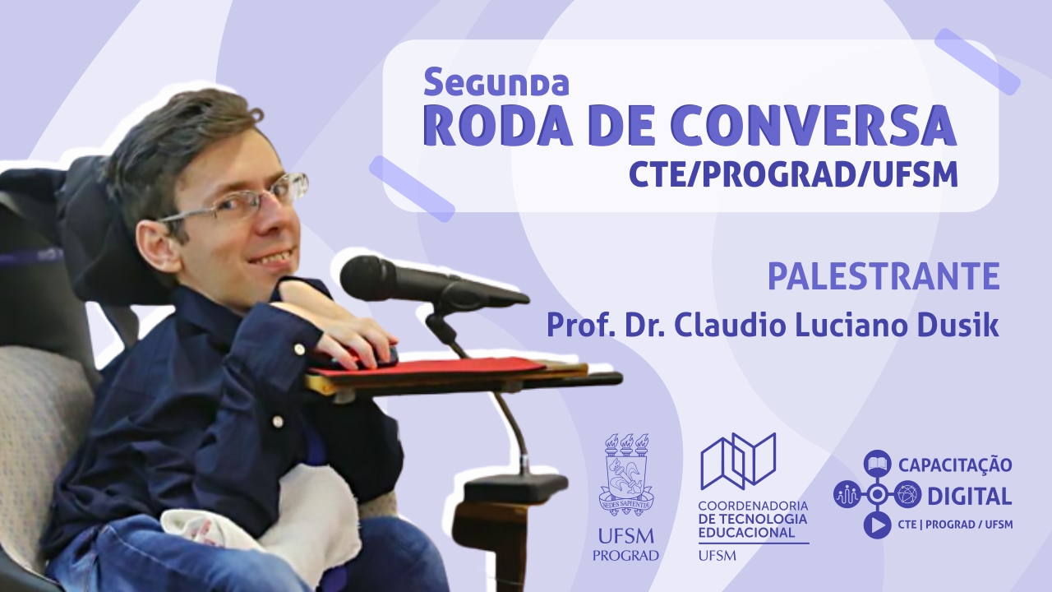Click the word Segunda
[496, 81]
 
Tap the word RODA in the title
[498, 126]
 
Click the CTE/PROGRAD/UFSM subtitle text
[793, 173]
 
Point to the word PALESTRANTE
[884, 277]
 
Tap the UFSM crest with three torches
[626, 475]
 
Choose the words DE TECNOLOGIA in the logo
[753, 520]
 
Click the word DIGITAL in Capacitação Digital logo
[969, 496]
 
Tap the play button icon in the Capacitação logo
[877, 525]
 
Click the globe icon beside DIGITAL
[907, 494]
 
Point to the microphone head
[370, 278]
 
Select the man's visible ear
[159, 245]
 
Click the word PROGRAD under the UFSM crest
[625, 555]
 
